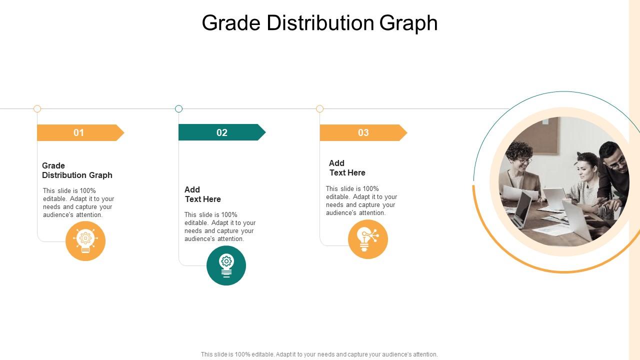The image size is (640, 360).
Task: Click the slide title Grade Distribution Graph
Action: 319,23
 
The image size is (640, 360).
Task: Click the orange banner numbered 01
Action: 79,132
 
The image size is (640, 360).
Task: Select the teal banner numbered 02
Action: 221,132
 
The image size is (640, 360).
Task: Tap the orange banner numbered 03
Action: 362,132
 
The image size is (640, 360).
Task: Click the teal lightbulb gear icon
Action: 226,265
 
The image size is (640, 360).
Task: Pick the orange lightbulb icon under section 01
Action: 85,241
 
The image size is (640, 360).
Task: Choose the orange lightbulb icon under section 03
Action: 368,239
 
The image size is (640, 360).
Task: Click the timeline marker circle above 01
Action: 37,108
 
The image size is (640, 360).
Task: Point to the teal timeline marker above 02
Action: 178,108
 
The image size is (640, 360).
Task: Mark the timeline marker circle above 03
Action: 320,108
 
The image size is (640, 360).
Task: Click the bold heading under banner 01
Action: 77,170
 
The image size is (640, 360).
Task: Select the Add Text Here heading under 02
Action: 202,194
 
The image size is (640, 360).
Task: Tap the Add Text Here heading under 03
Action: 347,168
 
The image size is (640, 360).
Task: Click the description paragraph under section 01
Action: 78,202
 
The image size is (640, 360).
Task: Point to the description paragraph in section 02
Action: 220,226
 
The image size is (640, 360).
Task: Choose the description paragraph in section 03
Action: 361,200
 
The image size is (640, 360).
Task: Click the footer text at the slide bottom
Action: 319,354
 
